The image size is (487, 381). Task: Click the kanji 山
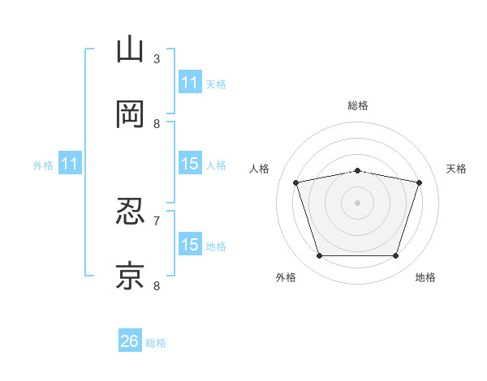click(x=130, y=49)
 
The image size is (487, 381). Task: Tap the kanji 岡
click(x=130, y=113)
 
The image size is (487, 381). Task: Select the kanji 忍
click(x=130, y=211)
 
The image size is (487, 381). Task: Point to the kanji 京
click(x=130, y=276)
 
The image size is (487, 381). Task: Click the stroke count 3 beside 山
click(x=157, y=59)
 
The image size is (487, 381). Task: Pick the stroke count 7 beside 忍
click(x=157, y=221)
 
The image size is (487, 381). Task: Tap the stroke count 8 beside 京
click(x=157, y=285)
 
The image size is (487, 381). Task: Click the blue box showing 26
click(x=130, y=340)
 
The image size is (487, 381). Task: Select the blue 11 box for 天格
click(x=190, y=82)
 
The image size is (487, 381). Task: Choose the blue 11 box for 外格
click(x=70, y=163)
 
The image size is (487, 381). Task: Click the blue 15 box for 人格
click(x=190, y=163)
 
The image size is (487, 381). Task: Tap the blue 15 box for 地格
click(x=190, y=243)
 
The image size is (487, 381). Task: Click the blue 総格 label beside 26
click(x=156, y=343)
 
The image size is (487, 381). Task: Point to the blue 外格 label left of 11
click(x=43, y=165)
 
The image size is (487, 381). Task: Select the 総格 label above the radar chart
click(x=358, y=105)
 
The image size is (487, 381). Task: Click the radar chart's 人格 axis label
click(x=259, y=169)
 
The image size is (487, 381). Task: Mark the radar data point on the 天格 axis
click(x=419, y=182)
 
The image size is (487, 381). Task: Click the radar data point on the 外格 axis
click(x=320, y=255)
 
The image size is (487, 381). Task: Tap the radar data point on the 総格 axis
click(x=357, y=171)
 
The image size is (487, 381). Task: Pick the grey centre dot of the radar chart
click(x=357, y=203)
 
